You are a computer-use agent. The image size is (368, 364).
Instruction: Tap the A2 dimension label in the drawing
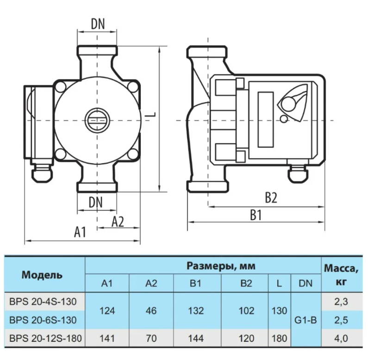pos(118,222)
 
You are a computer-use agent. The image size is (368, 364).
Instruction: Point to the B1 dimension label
pos(256,216)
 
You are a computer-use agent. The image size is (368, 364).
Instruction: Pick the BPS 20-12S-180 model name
pos(45,338)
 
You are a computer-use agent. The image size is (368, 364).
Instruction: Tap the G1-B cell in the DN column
pos(306,319)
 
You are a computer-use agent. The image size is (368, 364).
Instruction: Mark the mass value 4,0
pos(341,338)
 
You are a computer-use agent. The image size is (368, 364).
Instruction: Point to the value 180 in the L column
pos(279,338)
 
